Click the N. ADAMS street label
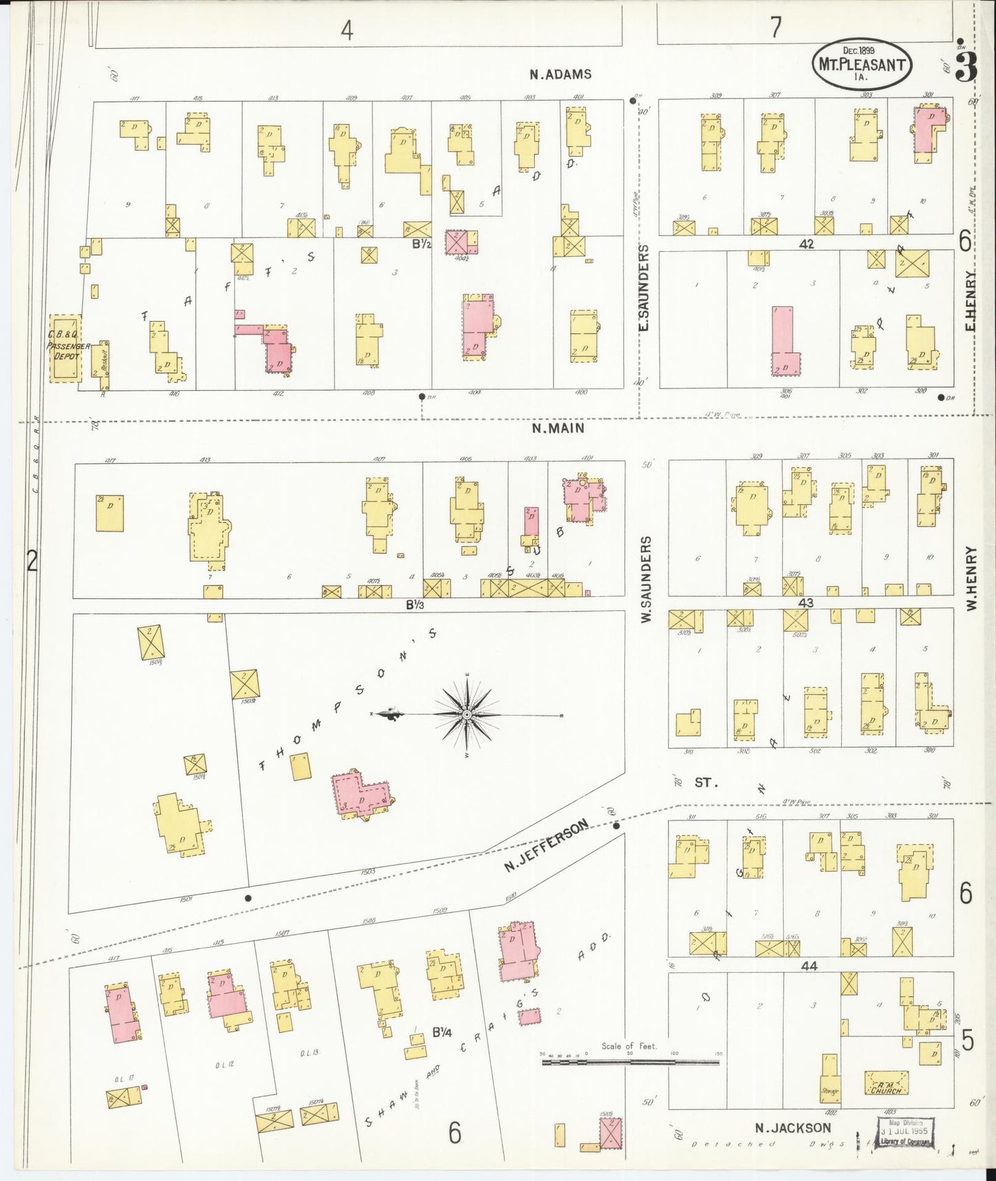[x=560, y=74]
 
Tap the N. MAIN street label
[x=558, y=428]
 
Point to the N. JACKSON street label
[x=792, y=1128]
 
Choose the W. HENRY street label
[x=971, y=578]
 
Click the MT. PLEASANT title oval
[x=862, y=65]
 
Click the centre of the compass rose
[x=468, y=715]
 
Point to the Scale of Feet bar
[x=630, y=1062]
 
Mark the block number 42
[x=806, y=244]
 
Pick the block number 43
[x=805, y=603]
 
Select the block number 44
[x=809, y=966]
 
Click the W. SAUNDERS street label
[x=646, y=580]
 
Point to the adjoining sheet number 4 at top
[x=347, y=30]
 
